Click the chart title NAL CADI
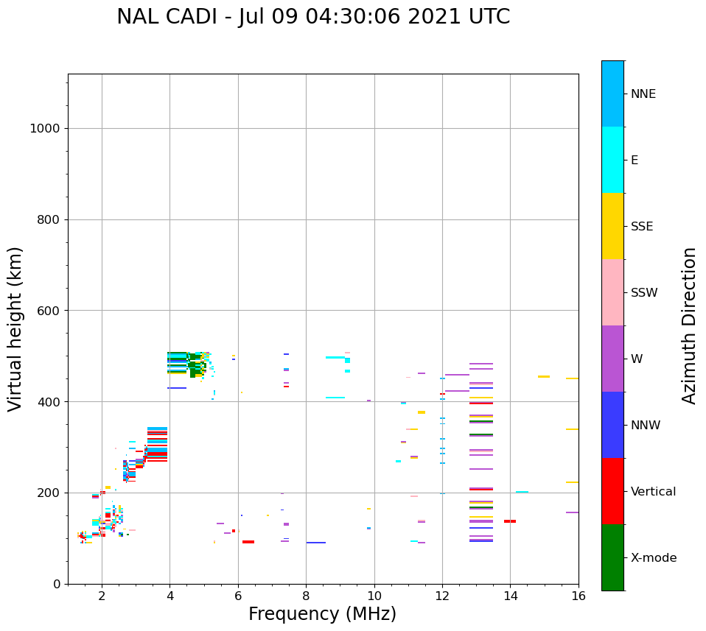pyautogui.click(x=313, y=17)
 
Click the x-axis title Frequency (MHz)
pyautogui.click(x=322, y=614)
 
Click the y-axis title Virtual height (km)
pyautogui.click(x=15, y=328)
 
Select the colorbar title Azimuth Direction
pyautogui.click(x=689, y=325)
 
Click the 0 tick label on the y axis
pyautogui.click(x=55, y=584)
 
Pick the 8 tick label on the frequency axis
pyautogui.click(x=306, y=596)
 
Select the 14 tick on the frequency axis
pyautogui.click(x=510, y=596)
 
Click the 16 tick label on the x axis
pyautogui.click(x=579, y=596)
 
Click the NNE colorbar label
pyautogui.click(x=643, y=94)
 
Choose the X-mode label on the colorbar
pyautogui.click(x=654, y=558)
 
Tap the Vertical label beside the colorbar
pyautogui.click(x=654, y=492)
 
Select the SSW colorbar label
pyautogui.click(x=644, y=293)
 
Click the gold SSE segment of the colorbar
pyautogui.click(x=612, y=226)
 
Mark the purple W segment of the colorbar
pyautogui.click(x=612, y=359)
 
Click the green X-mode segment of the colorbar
pyautogui.click(x=612, y=557)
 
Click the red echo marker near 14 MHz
pyautogui.click(x=510, y=521)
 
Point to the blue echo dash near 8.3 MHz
pyautogui.click(x=316, y=543)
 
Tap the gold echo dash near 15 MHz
pyautogui.click(x=543, y=376)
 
